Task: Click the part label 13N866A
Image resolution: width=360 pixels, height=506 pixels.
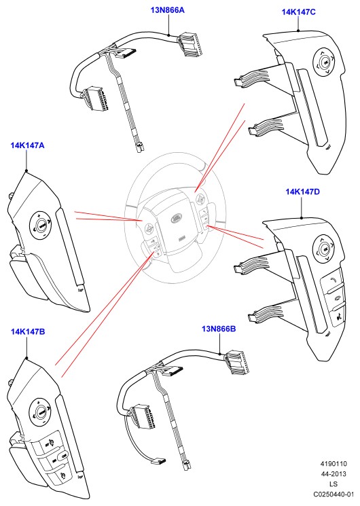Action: [167, 10]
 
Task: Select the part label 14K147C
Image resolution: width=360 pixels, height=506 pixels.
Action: [299, 12]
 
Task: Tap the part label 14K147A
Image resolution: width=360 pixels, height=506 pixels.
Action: [27, 145]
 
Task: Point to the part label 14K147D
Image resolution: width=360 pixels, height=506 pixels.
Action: [302, 192]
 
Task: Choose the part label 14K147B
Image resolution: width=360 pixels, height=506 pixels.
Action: [28, 331]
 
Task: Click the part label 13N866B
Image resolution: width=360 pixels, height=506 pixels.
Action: [219, 329]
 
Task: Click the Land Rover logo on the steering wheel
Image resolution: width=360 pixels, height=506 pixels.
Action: [177, 218]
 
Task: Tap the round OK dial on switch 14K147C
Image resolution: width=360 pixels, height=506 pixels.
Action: [324, 62]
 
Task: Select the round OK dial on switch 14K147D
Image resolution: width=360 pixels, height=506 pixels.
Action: [324, 249]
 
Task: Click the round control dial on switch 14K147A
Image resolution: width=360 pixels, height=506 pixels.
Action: [41, 225]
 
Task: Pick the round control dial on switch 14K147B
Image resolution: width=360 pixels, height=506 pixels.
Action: [41, 412]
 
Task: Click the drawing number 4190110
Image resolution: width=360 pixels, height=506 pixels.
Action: [334, 464]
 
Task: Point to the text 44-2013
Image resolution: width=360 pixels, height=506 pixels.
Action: [334, 473]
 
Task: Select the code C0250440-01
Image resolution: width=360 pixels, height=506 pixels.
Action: [334, 494]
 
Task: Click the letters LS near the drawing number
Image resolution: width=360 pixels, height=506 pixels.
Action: [334, 484]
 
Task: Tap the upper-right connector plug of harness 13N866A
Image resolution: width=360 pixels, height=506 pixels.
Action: [190, 44]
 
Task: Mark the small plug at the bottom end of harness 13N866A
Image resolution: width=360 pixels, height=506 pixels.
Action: [140, 147]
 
